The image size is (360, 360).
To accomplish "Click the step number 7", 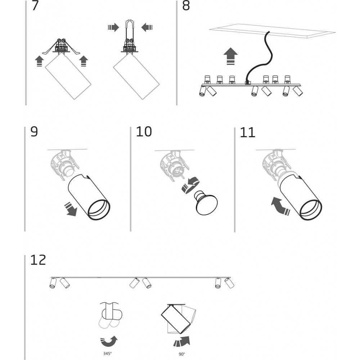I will (x=35, y=6).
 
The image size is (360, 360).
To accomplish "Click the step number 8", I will (x=186, y=6).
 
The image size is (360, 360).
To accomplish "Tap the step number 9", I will (x=34, y=132).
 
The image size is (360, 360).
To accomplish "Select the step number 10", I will (x=144, y=132).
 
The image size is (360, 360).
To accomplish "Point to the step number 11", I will (x=247, y=132).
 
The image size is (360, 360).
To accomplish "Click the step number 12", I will (x=39, y=260).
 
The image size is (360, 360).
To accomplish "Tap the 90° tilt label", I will (x=181, y=354).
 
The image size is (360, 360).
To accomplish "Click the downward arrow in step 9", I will (x=70, y=210).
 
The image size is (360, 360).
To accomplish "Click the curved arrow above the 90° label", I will (x=183, y=340).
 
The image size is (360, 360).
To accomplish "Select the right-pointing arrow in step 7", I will (x=113, y=27).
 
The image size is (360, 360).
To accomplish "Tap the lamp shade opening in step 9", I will (x=98, y=210).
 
